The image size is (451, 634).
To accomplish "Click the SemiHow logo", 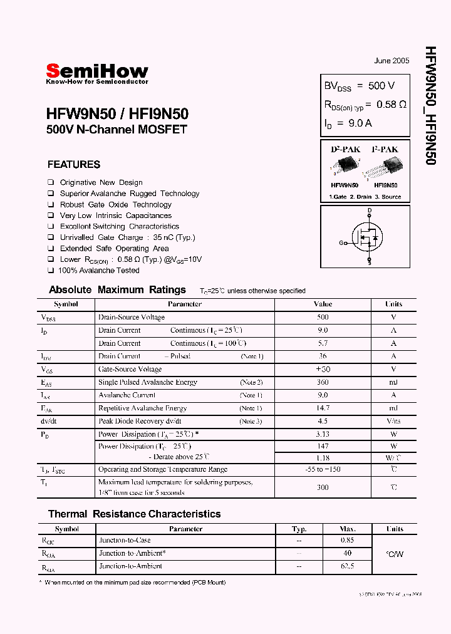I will (97, 72).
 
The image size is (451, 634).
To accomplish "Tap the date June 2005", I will (391, 61).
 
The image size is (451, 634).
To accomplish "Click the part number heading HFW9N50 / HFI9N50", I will (117, 114).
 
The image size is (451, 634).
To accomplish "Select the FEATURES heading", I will (73, 165).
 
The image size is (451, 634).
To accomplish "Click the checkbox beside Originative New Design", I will (51, 183).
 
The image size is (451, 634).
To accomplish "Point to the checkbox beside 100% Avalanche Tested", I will (51, 271).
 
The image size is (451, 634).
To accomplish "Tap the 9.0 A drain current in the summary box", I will (360, 123).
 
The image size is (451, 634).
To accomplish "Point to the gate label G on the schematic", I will (342, 242).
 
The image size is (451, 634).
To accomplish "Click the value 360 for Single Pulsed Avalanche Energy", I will (323, 382).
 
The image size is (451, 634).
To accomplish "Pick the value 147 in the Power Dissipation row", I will (323, 447).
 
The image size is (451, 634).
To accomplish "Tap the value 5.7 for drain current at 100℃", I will (323, 343).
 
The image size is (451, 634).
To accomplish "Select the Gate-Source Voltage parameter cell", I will (130, 370).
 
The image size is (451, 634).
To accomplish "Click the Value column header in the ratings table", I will (323, 304).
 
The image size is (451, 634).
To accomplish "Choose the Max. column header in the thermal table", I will (348, 529).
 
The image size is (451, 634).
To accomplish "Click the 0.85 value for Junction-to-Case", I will (348, 541).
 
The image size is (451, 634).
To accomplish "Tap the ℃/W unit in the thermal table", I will (394, 554).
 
